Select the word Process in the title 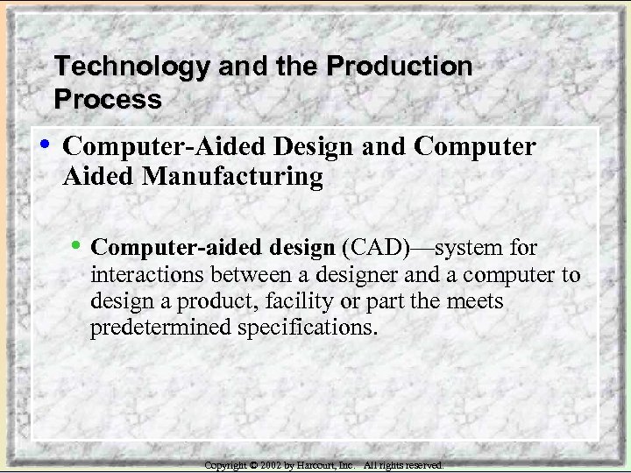(x=108, y=100)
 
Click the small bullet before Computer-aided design (x=81, y=246)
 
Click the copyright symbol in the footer (x=252, y=465)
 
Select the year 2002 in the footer (x=270, y=465)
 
